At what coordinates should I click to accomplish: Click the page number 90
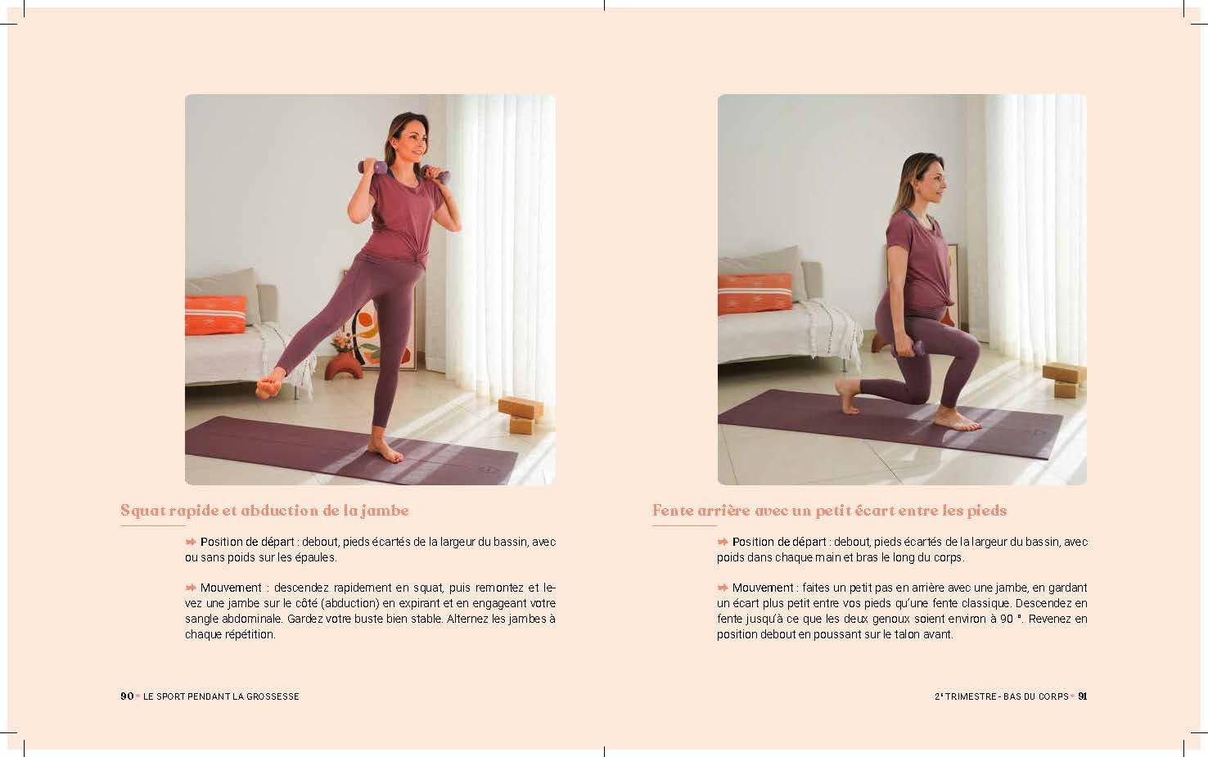[127, 696]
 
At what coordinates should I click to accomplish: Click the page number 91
[1082, 696]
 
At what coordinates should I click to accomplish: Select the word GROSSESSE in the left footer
[273, 696]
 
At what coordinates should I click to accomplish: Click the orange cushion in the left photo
[215, 315]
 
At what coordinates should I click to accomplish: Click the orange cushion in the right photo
[754, 294]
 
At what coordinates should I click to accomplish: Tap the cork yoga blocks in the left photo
[521, 415]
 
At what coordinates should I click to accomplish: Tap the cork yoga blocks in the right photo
[1064, 380]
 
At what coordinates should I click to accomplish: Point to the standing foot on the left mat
[385, 449]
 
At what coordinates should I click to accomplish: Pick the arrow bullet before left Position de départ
[191, 542]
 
